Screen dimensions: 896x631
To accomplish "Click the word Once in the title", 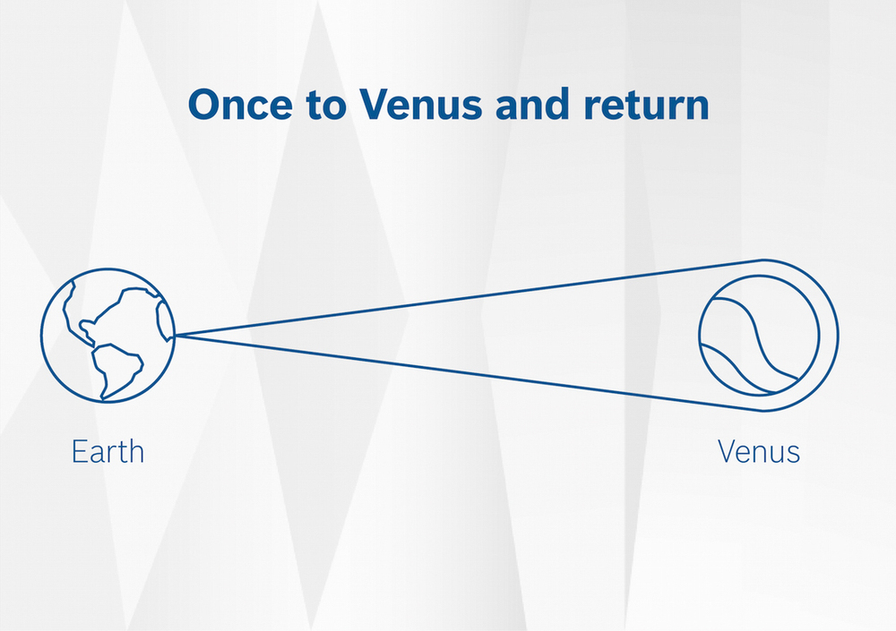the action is [x=240, y=104].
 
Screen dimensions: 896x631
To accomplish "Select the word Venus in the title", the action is [x=420, y=104].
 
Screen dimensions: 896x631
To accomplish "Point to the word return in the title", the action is [x=646, y=106].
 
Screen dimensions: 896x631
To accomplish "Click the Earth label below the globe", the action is [x=108, y=452].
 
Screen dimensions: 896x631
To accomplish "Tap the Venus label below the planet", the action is [x=759, y=451].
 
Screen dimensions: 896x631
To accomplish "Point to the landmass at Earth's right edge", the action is [x=164, y=321].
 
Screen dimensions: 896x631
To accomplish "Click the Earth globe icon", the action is [x=108, y=336].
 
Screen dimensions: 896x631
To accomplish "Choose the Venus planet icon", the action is [x=759, y=336].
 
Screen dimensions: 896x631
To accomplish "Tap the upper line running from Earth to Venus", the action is [x=470, y=297].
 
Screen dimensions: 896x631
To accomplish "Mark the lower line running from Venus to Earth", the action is [x=470, y=373].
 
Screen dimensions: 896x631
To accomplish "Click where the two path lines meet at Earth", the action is [x=176, y=336].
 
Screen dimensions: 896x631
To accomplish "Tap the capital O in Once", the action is [x=206, y=105].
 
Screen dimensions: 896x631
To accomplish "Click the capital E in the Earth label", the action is [x=79, y=452].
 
